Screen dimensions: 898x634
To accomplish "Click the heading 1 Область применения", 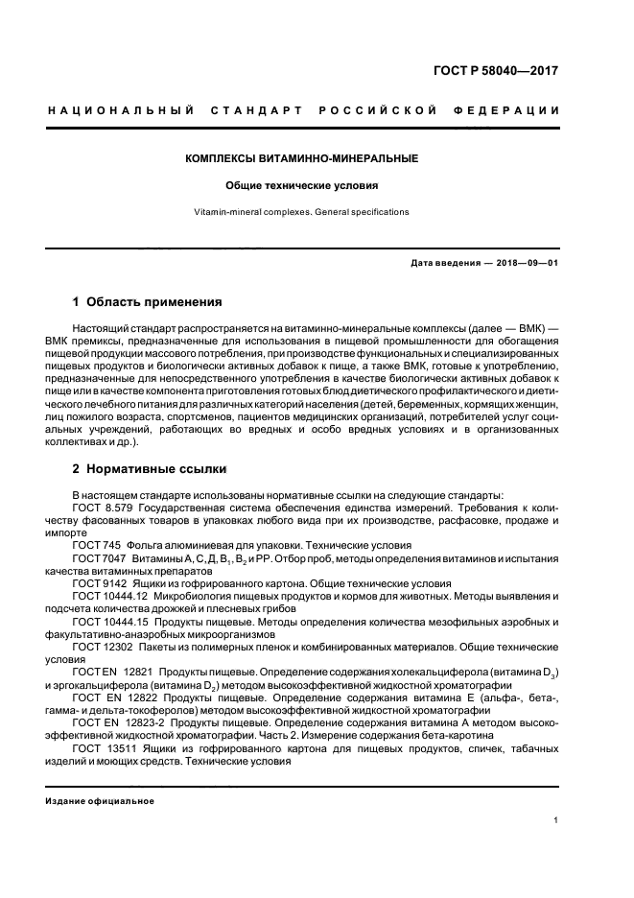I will point(148,301).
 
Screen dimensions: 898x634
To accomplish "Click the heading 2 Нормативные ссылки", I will point(150,469).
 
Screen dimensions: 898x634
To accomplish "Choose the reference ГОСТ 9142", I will point(99,582).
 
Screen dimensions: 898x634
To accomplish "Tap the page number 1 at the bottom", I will point(556,820).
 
